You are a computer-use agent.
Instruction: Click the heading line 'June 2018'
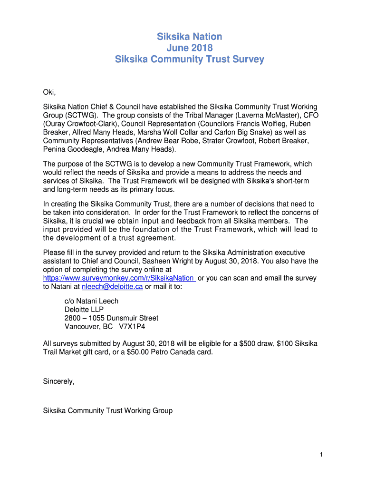(x=190, y=48)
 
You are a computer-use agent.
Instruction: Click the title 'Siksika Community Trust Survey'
(x=190, y=59)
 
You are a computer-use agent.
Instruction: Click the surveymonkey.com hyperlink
(x=118, y=278)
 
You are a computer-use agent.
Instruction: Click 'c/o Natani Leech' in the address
(x=91, y=301)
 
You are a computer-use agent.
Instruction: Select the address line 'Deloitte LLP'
(x=84, y=310)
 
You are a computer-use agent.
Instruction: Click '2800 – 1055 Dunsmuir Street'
(x=111, y=318)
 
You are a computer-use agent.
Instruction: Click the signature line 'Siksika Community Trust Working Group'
(x=107, y=410)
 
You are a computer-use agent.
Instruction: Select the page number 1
(x=321, y=455)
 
